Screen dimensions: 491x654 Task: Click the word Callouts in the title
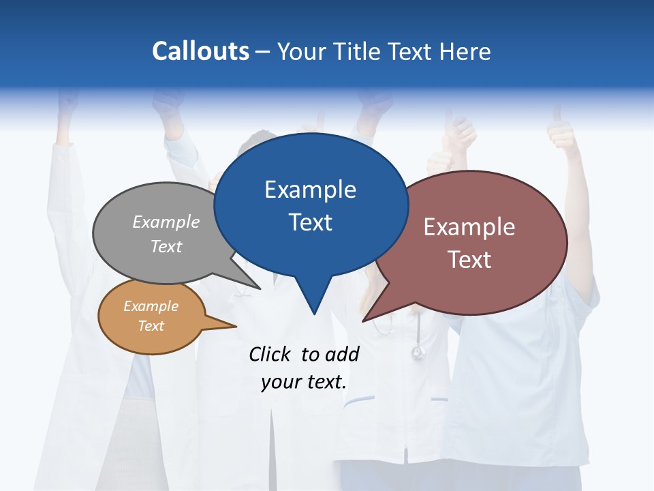pos(200,51)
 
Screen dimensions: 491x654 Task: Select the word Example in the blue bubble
pos(310,190)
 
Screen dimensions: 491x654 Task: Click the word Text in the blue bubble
pos(310,222)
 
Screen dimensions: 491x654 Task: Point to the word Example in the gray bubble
pos(166,222)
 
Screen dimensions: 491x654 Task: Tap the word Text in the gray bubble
pos(166,246)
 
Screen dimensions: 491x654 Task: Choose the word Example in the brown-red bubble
pos(469,227)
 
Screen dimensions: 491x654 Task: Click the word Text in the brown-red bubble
pos(469,260)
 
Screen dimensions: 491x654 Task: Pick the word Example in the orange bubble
pos(151,306)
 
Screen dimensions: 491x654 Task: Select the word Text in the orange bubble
pos(151,326)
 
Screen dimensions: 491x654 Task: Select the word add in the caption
pos(342,354)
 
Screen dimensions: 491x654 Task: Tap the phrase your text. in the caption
pos(304,382)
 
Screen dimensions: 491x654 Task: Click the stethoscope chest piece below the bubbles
pos(418,353)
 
